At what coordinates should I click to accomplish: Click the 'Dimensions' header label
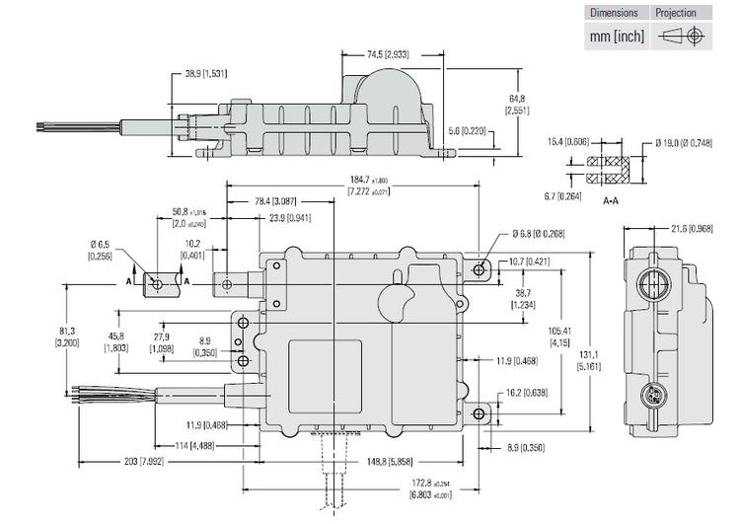614,13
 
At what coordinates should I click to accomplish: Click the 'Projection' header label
676,13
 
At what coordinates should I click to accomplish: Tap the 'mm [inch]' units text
617,37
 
